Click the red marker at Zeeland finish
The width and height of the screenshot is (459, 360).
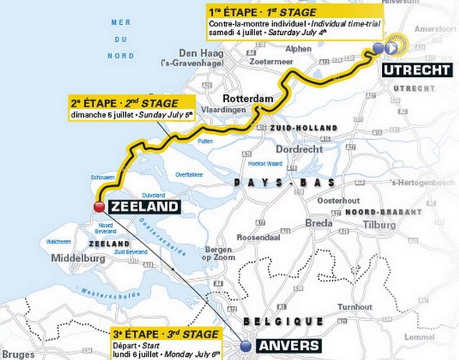click(100, 206)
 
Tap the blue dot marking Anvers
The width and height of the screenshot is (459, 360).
click(246, 346)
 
